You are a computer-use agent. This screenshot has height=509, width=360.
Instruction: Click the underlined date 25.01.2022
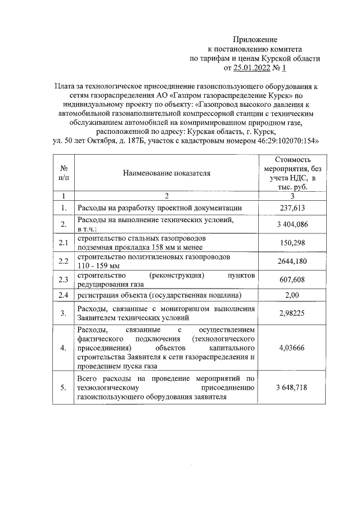[253, 68]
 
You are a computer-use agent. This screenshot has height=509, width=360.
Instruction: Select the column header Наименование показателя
[166, 173]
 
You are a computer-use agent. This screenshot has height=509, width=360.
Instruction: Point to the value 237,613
[291, 208]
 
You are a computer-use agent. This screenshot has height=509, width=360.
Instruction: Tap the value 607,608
[291, 279]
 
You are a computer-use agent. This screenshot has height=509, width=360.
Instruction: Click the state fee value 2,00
[291, 295]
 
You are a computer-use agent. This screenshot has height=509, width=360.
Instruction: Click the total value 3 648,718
[291, 388]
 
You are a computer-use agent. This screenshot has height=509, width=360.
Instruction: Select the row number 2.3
[64, 279]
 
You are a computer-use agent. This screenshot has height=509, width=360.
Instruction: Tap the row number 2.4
[64, 295]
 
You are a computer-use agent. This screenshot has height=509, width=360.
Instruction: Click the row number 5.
[64, 388]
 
